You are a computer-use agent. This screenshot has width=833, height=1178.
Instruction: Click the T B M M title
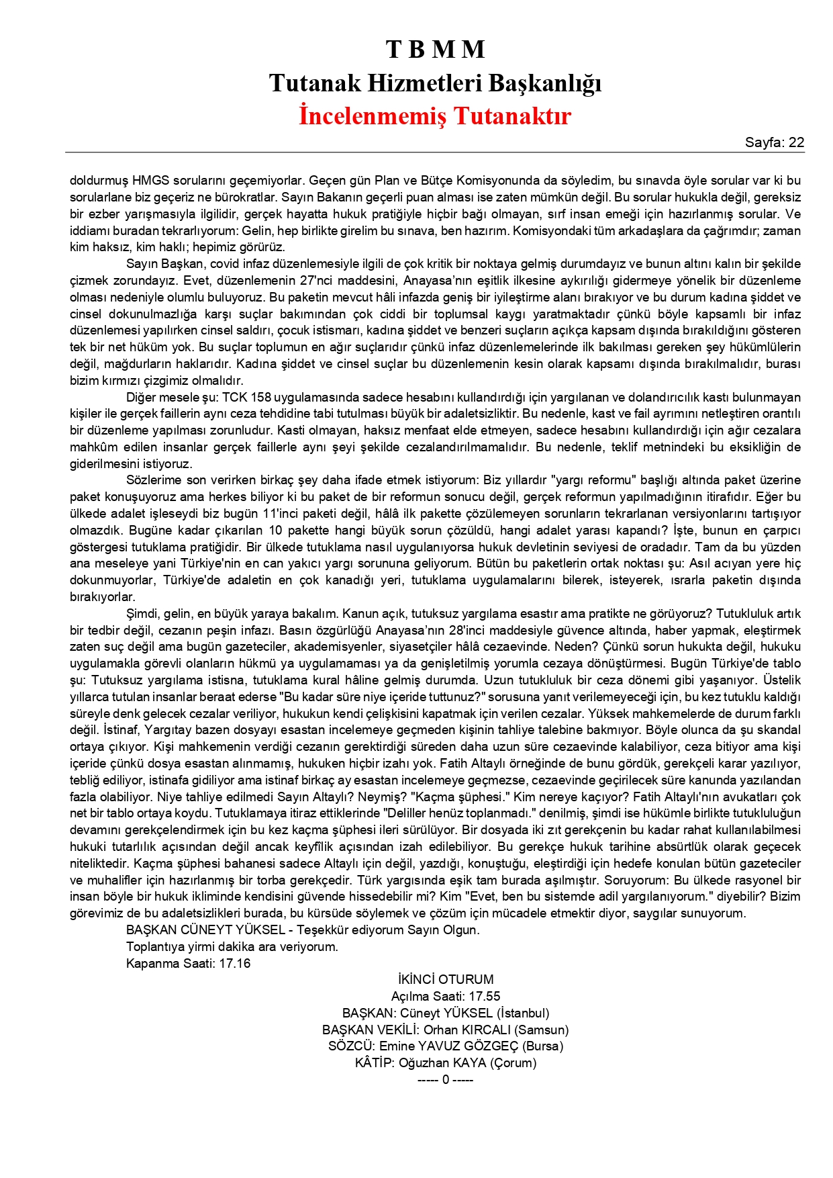435,49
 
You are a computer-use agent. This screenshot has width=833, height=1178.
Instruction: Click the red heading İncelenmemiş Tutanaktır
435,116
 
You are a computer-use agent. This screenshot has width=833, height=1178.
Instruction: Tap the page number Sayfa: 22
774,142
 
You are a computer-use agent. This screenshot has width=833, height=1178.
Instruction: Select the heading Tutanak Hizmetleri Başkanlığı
435,83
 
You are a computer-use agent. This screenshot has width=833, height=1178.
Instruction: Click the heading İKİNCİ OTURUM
445,979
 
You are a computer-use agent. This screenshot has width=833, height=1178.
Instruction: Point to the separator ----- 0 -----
445,1079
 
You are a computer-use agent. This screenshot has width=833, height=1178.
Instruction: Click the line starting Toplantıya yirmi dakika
232,946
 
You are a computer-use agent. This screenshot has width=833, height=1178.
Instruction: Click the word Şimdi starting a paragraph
142,614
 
